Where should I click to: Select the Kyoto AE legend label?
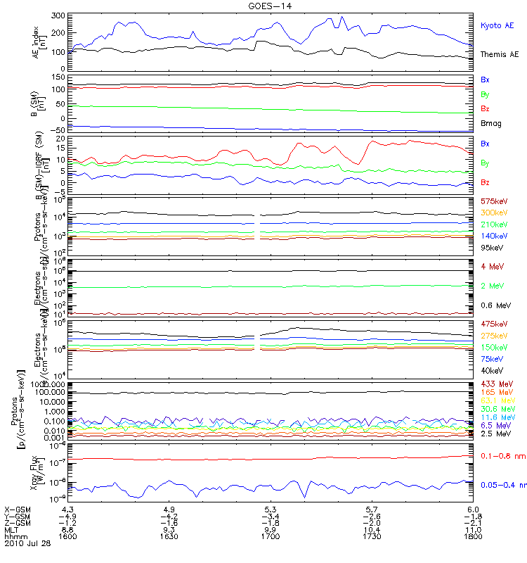coord(497,25)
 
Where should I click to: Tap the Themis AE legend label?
coord(500,54)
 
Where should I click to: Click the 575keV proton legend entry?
coord(494,201)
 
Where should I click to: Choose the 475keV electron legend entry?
coord(494,324)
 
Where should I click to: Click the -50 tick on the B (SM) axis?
coord(57,130)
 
